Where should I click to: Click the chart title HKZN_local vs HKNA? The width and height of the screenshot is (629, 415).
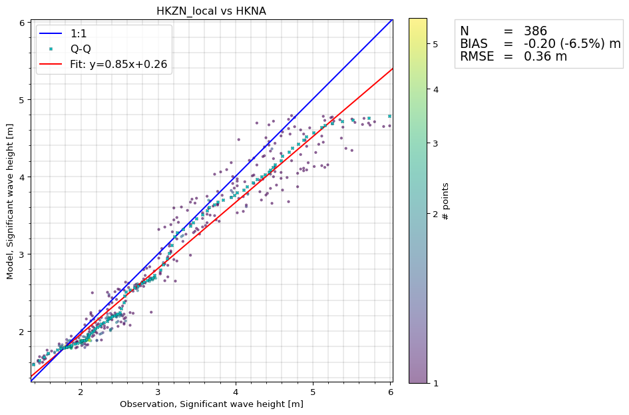click(x=211, y=11)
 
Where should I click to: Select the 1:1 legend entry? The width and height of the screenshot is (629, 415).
click(x=79, y=33)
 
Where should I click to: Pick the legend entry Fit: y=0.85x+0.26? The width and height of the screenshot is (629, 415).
click(x=118, y=65)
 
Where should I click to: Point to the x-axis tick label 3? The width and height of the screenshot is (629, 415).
click(x=158, y=392)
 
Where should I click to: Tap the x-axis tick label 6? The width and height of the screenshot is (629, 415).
click(x=389, y=392)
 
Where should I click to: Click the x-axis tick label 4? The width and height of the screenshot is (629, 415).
click(x=236, y=392)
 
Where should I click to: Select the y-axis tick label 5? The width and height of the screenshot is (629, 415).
click(x=22, y=100)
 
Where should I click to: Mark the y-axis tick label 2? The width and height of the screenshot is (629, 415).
click(x=22, y=332)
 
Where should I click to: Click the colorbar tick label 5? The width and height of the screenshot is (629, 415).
click(x=435, y=44)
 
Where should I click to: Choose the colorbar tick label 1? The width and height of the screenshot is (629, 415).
click(x=435, y=383)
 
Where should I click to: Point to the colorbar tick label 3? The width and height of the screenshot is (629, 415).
click(x=435, y=143)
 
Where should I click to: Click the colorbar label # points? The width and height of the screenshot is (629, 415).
click(x=446, y=201)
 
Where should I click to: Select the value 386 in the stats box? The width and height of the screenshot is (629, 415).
click(x=535, y=31)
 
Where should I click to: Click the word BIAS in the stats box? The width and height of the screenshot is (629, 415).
click(x=475, y=43)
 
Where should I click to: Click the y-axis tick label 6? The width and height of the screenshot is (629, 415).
click(x=22, y=23)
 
